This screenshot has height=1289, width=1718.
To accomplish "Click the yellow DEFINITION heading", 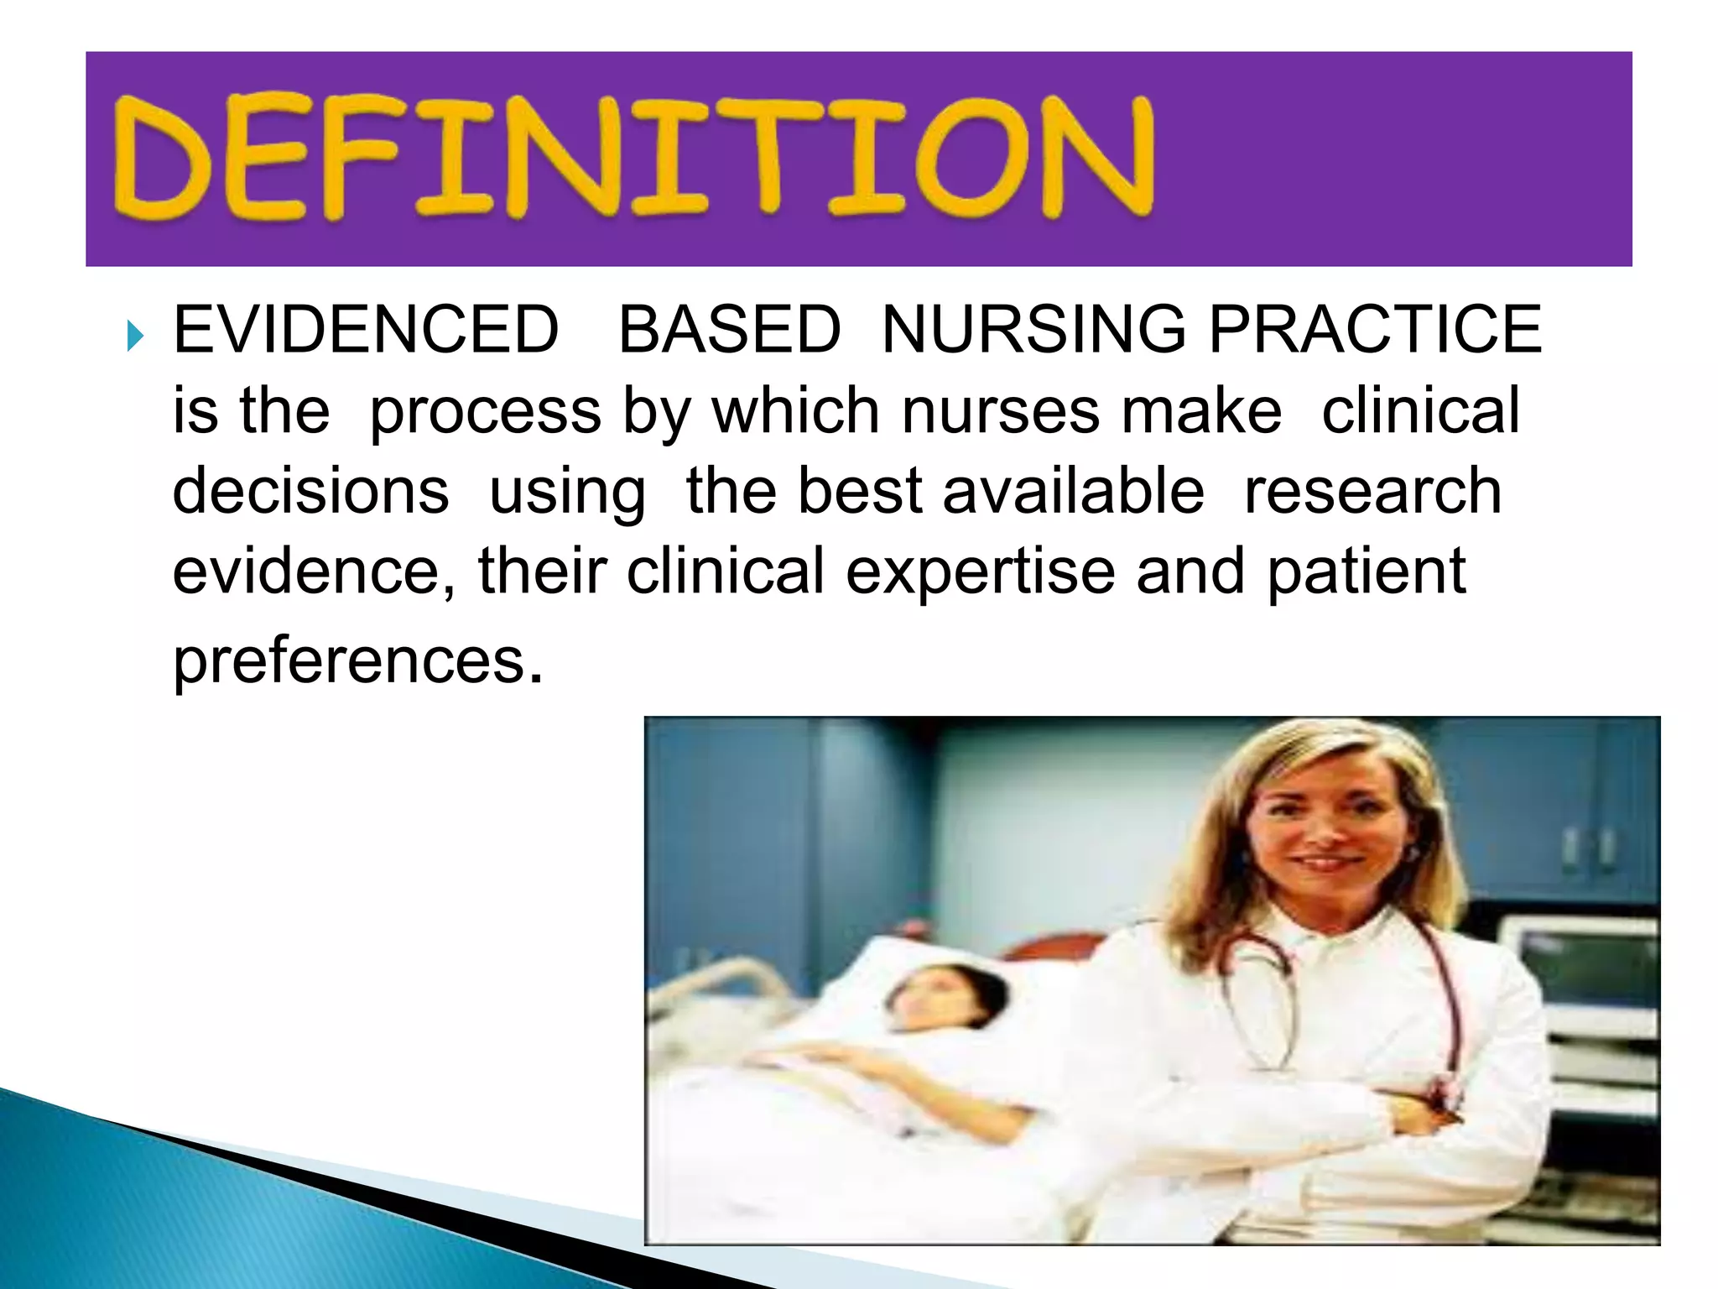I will pos(633,158).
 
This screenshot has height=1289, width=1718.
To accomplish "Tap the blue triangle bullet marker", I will pos(135,337).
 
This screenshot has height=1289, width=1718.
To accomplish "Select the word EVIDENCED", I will pos(366,329).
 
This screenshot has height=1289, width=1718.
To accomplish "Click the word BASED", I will pos(729,329).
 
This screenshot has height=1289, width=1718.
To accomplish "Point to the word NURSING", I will pos(1034,329).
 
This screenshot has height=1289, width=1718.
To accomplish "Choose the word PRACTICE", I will pos(1375,329).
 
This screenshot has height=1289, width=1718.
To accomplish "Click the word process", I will pos(485,411).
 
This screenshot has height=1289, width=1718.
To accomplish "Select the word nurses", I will pos(1000,411).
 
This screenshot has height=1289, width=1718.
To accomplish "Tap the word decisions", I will pos(310,492).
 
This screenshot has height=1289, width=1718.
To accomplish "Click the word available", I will pos(1073,492).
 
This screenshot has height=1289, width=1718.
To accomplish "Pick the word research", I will pos(1372,492).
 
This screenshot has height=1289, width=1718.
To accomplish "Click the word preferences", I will pos(349,661).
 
